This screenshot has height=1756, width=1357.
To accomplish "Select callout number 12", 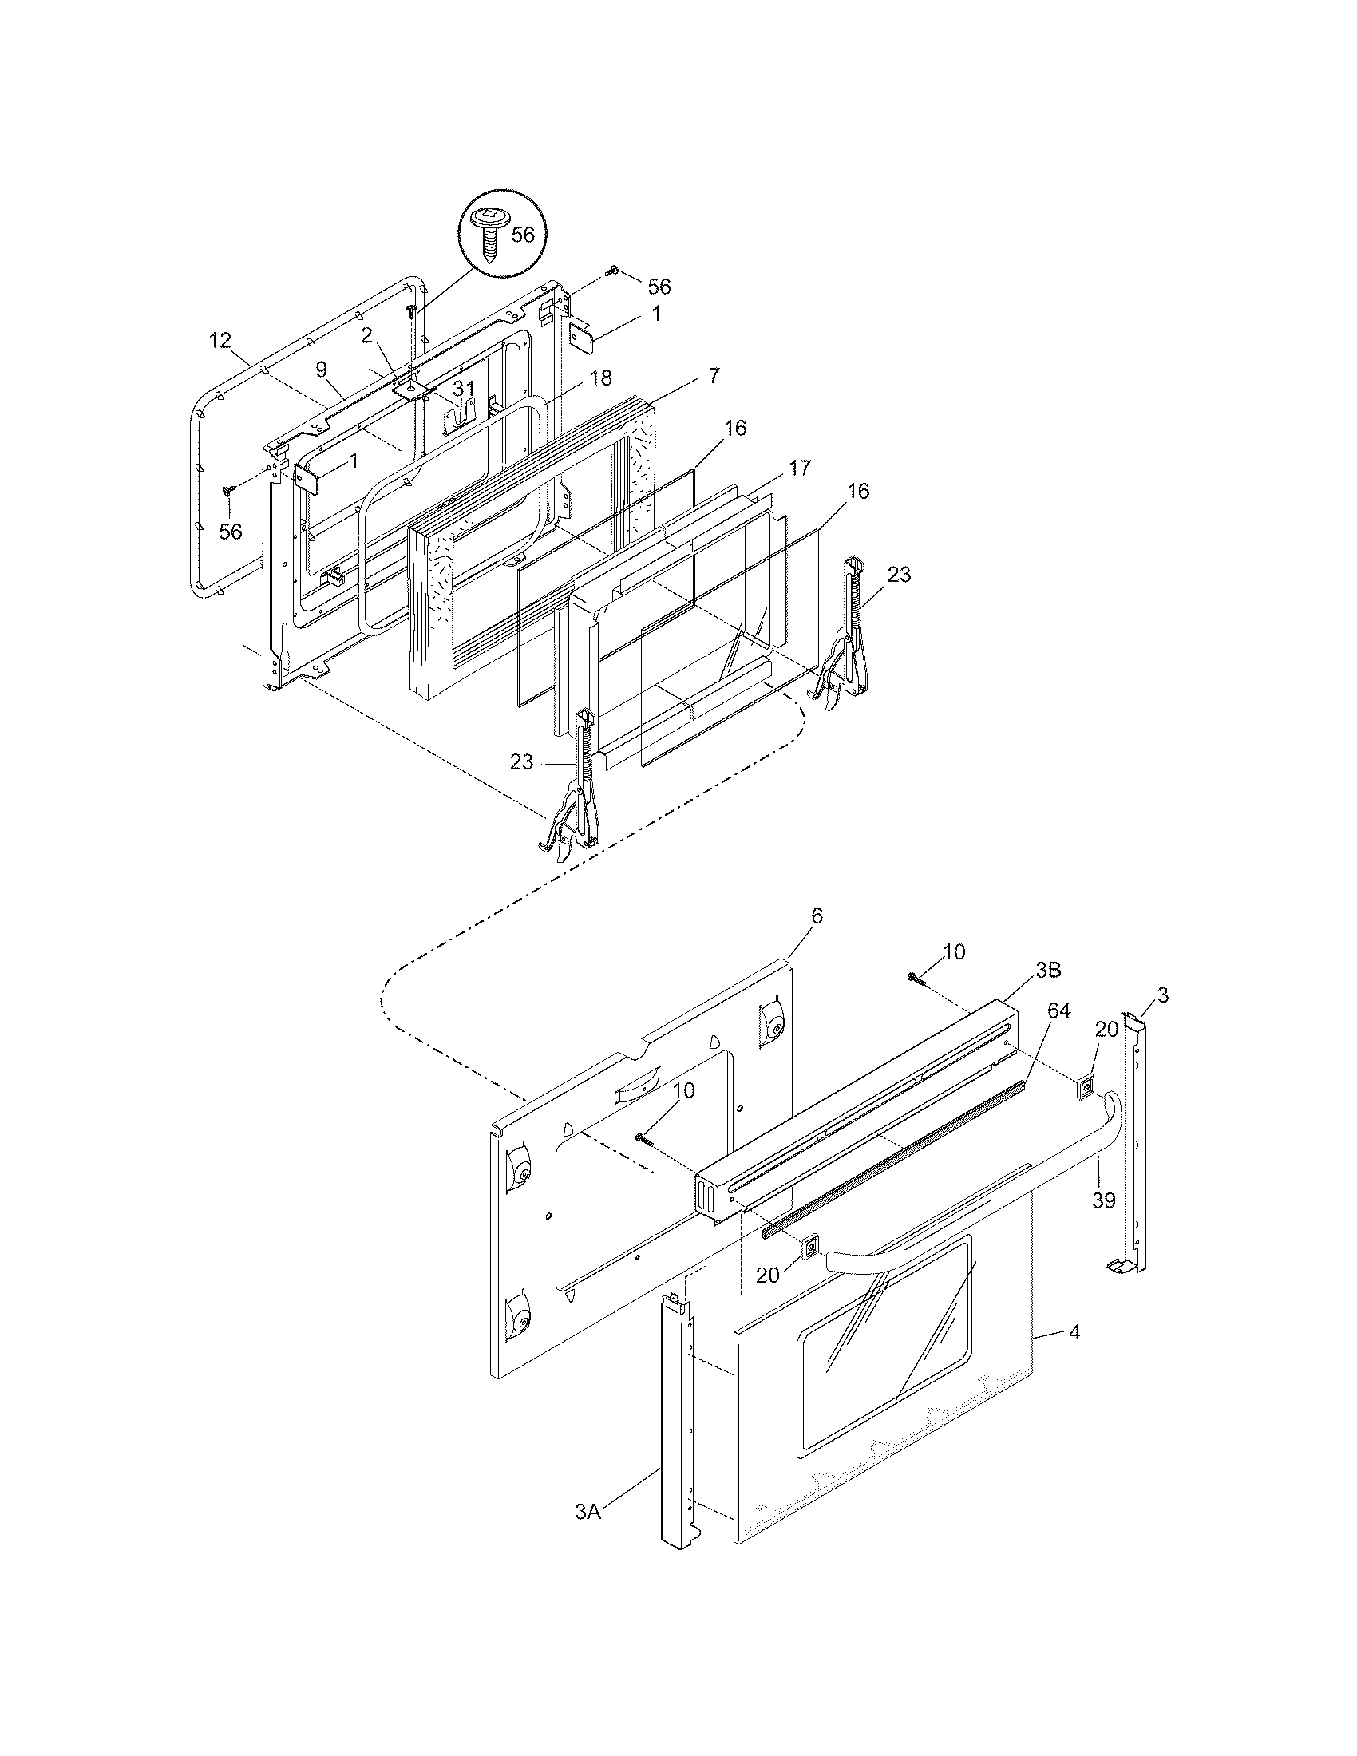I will (x=220, y=341).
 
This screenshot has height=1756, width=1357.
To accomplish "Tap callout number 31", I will (x=463, y=390).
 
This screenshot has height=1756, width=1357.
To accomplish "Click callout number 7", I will (x=714, y=374).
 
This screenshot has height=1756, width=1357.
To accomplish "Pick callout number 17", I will (x=799, y=468).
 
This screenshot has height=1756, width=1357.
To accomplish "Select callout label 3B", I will (x=1047, y=971).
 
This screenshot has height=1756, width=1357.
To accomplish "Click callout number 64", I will (x=1058, y=1011).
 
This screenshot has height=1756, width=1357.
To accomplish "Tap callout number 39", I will (x=1104, y=1223).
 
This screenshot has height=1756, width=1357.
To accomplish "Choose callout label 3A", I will (x=588, y=1535).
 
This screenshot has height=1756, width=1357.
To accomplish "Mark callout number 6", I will (x=795, y=916).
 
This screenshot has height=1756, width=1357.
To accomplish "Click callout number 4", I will (x=1074, y=1333).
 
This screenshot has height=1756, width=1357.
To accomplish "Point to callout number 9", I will (x=321, y=370).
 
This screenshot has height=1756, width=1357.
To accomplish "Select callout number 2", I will (x=366, y=336).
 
